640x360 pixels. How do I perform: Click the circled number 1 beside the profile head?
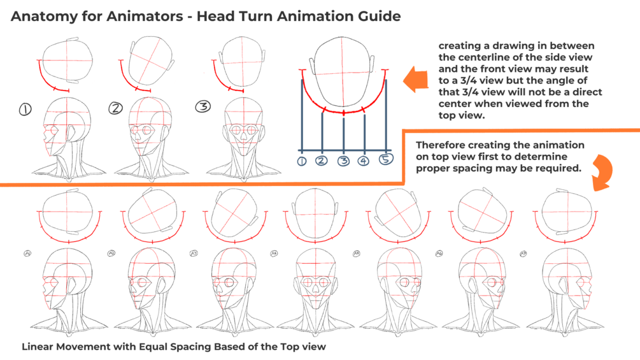pos(25,110)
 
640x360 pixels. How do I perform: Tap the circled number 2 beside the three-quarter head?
pos(115,108)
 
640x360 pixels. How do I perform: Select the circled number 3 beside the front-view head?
pos(203,106)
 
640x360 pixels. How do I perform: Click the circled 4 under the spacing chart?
pos(364,161)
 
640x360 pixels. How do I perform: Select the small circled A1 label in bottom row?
pos(28,254)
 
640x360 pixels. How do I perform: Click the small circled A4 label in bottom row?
pos(274,254)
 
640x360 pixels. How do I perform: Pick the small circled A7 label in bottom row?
pos(523,254)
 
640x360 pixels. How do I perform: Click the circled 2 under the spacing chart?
pos(322,161)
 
